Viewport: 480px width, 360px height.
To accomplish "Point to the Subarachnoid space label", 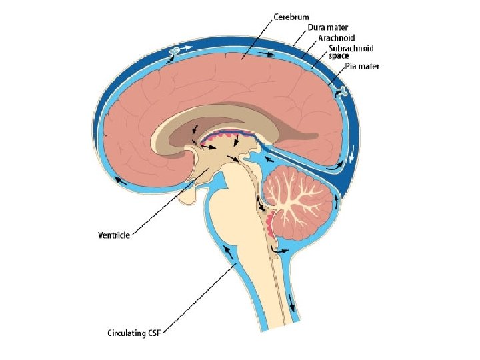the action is coord(351,52).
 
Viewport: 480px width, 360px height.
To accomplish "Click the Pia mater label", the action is coord(364,67).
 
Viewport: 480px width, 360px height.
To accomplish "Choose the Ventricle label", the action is coord(113,235).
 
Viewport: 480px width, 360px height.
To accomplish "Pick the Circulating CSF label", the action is coord(135,331).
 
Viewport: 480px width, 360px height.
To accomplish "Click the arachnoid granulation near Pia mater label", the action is coord(341,91).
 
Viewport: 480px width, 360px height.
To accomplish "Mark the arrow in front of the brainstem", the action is coord(228,253).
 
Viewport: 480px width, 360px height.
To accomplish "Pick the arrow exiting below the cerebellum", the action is coord(281,251).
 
